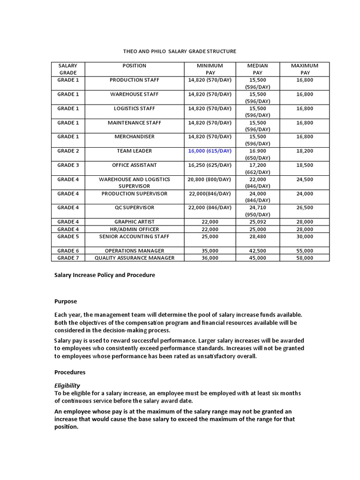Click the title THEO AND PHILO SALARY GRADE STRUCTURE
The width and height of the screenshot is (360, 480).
pyautogui.click(x=180, y=51)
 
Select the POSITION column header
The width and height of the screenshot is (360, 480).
pyautogui.click(x=134, y=66)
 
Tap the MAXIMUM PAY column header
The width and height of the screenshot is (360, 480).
pyautogui.click(x=304, y=69)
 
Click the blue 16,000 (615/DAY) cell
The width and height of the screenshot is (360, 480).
pyautogui.click(x=210, y=151)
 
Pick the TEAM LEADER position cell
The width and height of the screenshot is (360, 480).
pyautogui.click(x=134, y=151)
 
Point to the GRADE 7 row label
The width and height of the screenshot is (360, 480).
pyautogui.click(x=68, y=258)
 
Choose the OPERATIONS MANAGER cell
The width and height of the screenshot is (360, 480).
pyautogui.click(x=134, y=251)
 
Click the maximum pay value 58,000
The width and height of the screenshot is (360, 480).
pyautogui.click(x=304, y=258)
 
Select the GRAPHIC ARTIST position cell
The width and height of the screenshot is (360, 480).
pyautogui.click(x=134, y=222)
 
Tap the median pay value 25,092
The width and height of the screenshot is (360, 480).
pyautogui.click(x=257, y=222)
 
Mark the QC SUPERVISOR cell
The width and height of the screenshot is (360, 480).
pyautogui.click(x=134, y=208)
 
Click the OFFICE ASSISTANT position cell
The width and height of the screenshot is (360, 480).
pyautogui.click(x=134, y=165)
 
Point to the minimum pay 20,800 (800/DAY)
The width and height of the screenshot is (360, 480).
pyautogui.click(x=210, y=180)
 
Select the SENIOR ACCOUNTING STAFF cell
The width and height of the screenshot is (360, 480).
pyautogui.click(x=134, y=236)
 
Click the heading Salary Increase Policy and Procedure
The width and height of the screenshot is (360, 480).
pyautogui.click(x=105, y=275)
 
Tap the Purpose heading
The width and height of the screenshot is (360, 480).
pyautogui.click(x=66, y=301)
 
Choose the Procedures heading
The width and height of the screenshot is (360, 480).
pyautogui.click(x=70, y=372)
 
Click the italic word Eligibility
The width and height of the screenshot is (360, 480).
pyautogui.click(x=67, y=385)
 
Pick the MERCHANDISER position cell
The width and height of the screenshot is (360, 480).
pyautogui.click(x=134, y=136)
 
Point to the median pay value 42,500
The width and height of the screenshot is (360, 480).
pyautogui.click(x=257, y=251)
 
